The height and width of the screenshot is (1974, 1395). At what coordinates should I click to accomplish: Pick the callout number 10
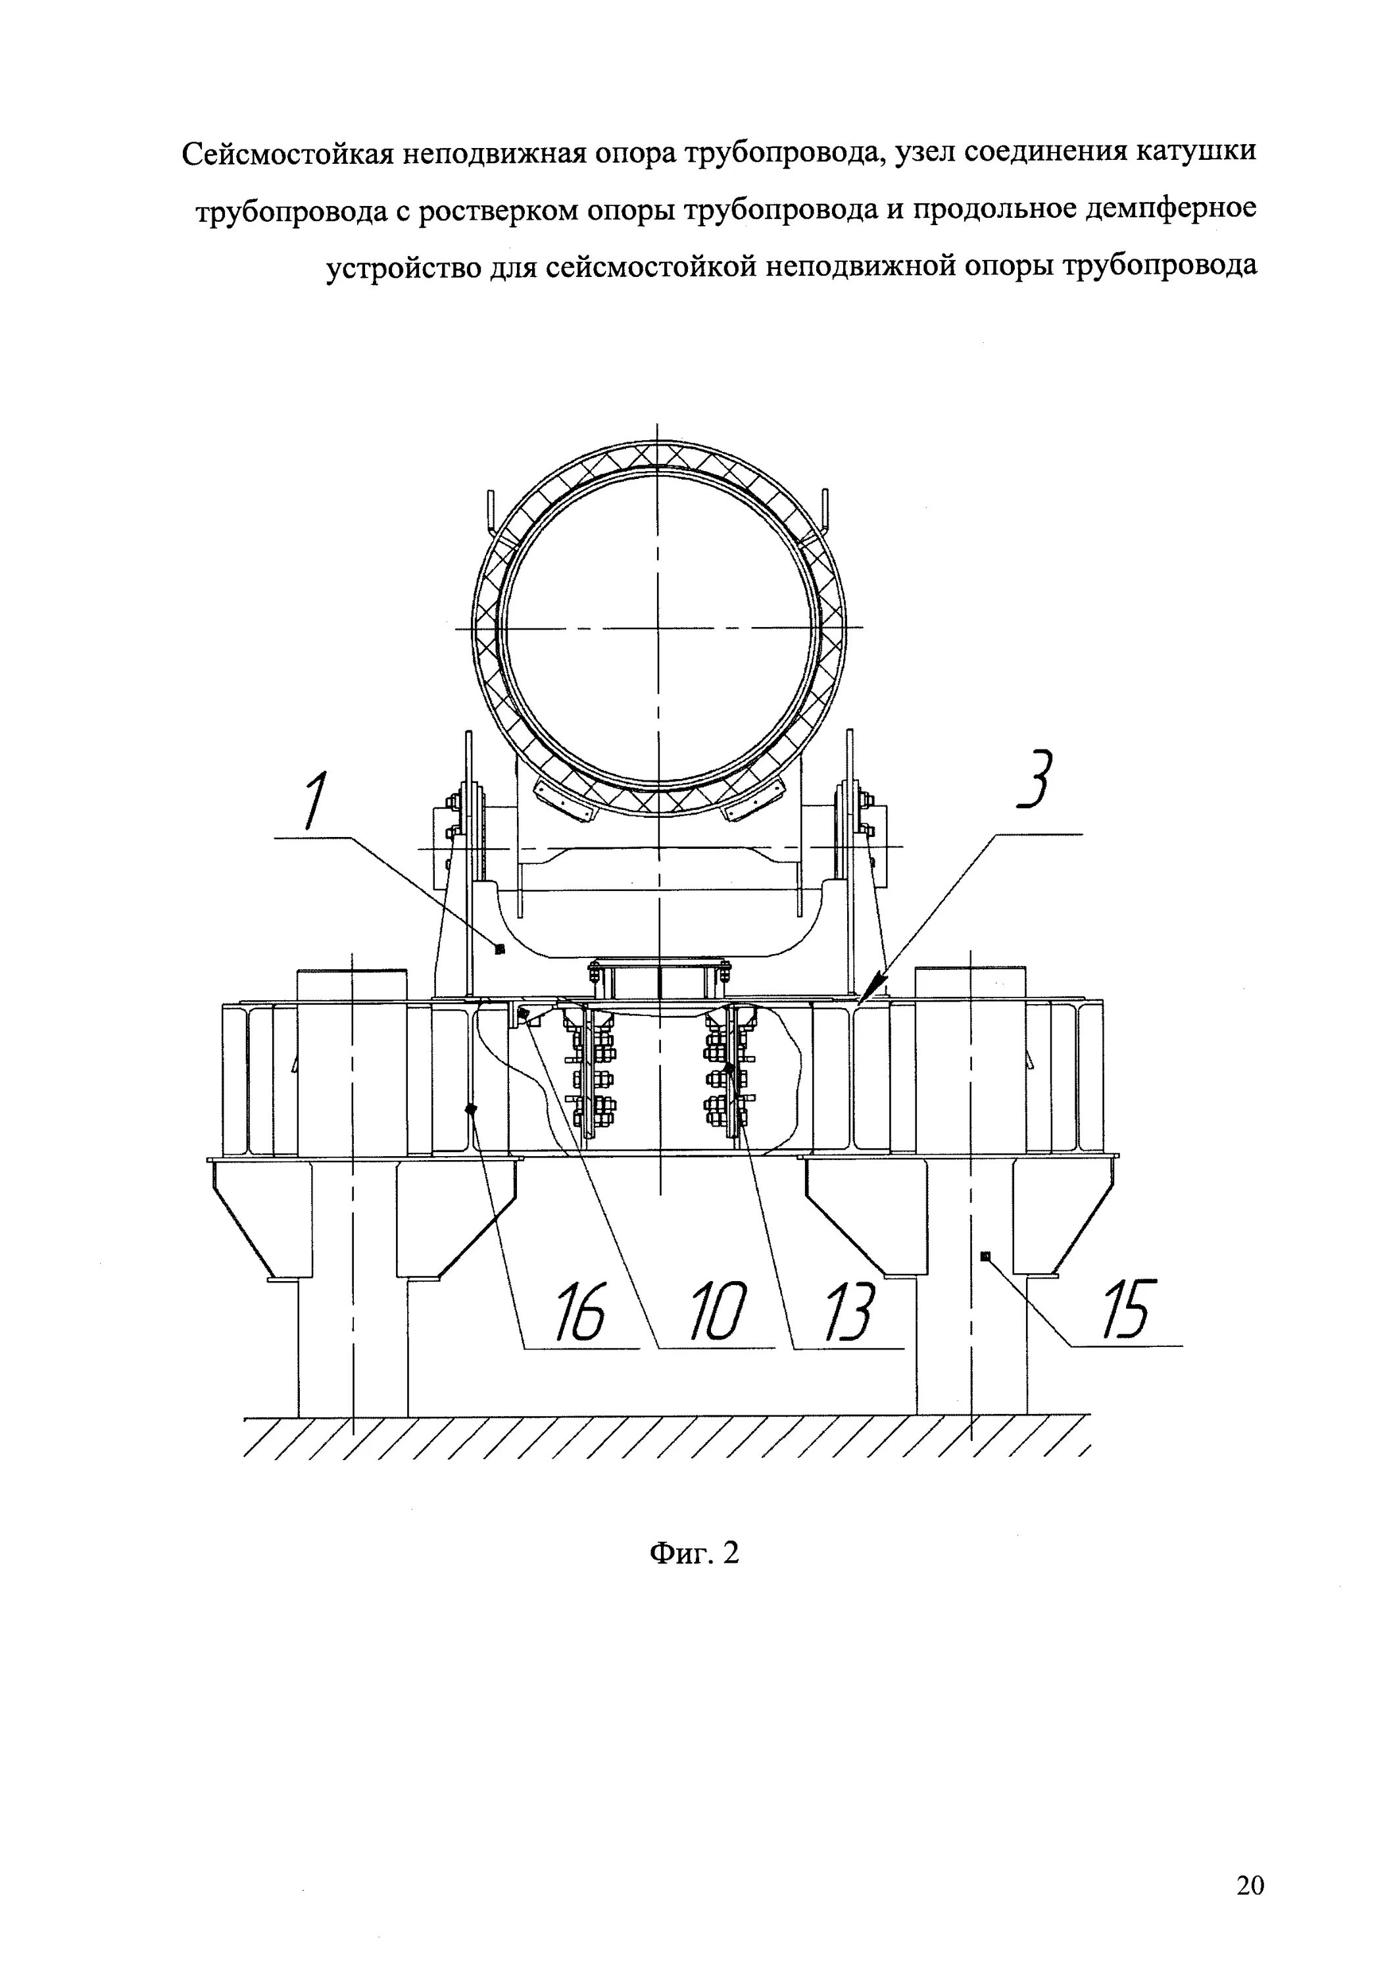pos(719,1312)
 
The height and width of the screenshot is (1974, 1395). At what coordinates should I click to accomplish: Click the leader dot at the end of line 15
pos(986,1256)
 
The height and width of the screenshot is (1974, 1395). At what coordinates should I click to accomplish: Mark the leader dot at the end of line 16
pos(471,1109)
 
